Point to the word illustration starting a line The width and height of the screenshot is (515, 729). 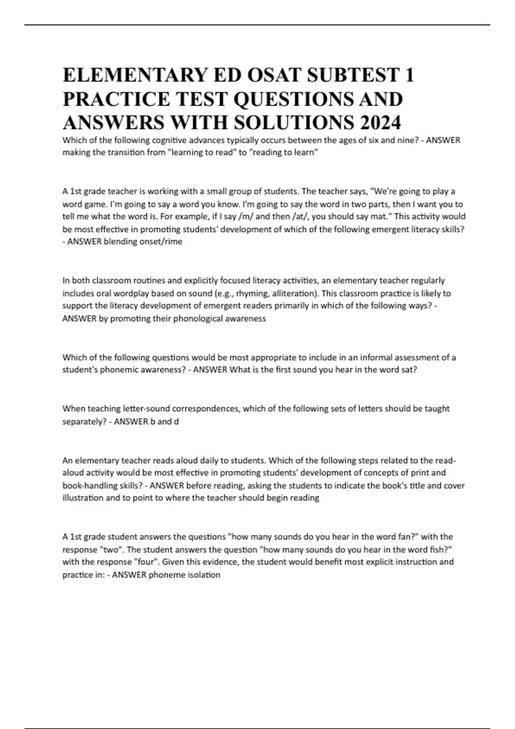coord(83,498)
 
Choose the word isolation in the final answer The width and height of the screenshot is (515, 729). coord(204,575)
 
